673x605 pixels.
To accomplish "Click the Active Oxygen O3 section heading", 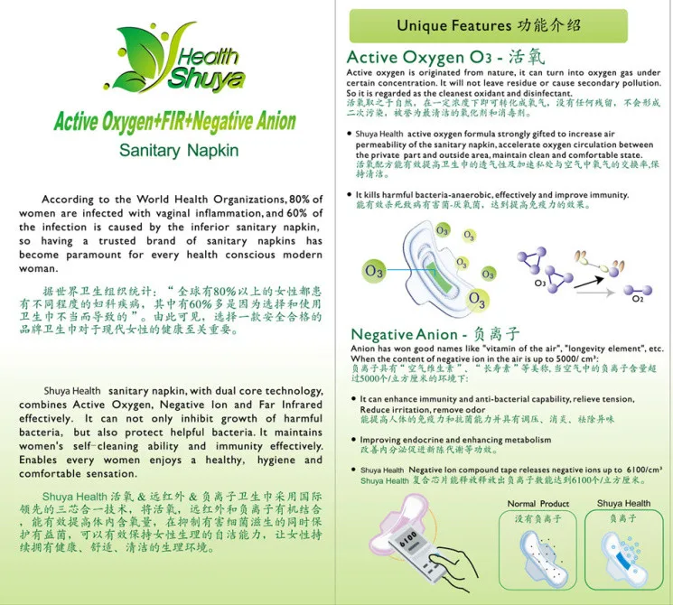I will click(x=431, y=57).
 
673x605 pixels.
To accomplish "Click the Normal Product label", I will click(x=538, y=504).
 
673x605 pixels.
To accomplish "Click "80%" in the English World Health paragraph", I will click(x=304, y=199).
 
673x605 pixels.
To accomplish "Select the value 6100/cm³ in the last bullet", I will click(x=641, y=470).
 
